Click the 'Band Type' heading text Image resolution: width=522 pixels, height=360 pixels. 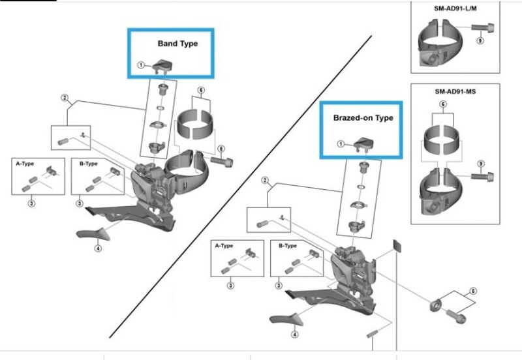coord(177,44)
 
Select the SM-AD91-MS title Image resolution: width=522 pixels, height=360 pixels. coord(455,92)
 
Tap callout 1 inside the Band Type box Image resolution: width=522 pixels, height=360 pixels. coord(140,66)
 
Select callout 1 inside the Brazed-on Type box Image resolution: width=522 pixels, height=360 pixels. coord(340,144)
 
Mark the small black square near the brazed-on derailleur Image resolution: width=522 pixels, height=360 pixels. coord(393,245)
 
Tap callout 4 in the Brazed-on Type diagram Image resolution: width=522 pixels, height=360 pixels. coord(295,334)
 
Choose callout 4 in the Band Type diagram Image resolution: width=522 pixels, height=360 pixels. coord(98,248)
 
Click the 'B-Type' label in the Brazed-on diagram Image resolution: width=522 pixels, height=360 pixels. coord(289,247)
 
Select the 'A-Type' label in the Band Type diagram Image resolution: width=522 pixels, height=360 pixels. coord(25,164)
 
